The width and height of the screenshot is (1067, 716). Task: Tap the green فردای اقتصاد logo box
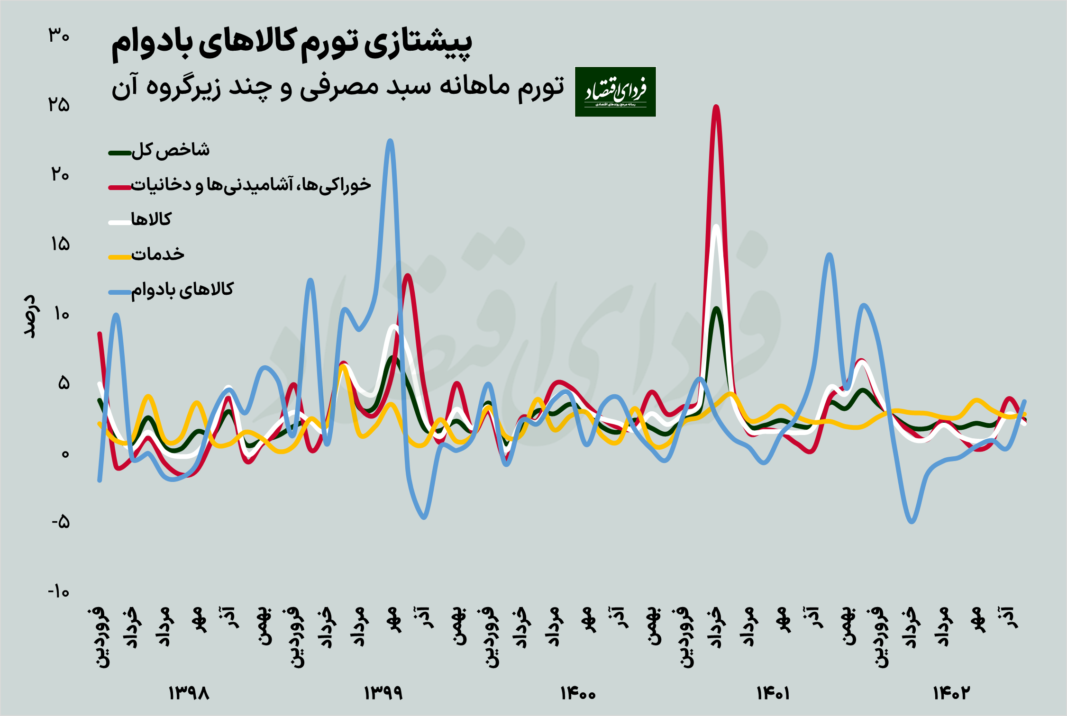[615, 91]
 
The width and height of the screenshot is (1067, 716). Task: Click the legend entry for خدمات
[157, 254]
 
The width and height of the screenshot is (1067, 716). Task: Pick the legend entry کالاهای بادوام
[182, 290]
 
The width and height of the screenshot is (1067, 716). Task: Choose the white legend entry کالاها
[151, 219]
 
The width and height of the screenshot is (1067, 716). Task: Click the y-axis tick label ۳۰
[59, 36]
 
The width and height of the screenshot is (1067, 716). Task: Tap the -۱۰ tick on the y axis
[58, 592]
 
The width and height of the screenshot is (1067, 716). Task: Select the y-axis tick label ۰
[65, 453]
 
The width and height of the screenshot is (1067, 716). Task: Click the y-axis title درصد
[29, 316]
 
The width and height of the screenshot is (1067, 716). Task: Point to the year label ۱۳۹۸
[189, 693]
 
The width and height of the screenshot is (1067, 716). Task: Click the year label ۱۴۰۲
[951, 693]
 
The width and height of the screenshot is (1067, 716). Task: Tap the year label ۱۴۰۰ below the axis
[578, 693]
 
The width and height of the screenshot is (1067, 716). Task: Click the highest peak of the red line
[716, 107]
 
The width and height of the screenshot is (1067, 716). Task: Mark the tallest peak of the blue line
[390, 141]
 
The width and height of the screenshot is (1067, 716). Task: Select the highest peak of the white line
[716, 227]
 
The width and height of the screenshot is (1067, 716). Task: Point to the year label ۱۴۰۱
[773, 693]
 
